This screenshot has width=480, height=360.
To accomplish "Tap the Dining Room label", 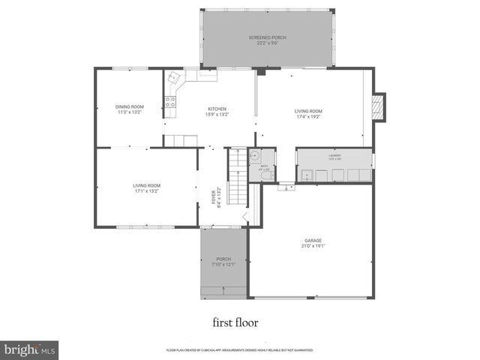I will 129,109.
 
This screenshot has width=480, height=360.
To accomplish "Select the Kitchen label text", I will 217,112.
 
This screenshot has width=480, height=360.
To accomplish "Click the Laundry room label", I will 334,157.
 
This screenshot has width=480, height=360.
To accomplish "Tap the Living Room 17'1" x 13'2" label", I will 146,188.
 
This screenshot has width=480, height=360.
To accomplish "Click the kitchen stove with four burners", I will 170,103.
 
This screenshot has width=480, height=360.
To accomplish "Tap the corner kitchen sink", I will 174,77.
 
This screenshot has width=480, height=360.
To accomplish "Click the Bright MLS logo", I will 30,349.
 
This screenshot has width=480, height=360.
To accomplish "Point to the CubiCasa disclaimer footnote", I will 239,350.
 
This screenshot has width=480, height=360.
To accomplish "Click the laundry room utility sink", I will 307,175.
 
